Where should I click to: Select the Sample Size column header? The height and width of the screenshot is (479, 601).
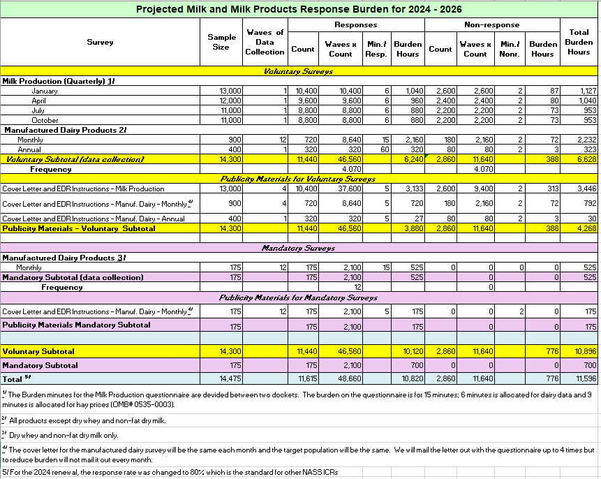[221, 42]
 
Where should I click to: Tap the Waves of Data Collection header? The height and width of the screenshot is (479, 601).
[265, 42]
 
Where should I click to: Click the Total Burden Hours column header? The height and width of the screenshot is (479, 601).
[579, 42]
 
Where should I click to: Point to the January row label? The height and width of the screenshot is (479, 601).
[45, 91]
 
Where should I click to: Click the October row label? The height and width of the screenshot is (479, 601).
[45, 120]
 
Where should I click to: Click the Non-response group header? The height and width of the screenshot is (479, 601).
[491, 24]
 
